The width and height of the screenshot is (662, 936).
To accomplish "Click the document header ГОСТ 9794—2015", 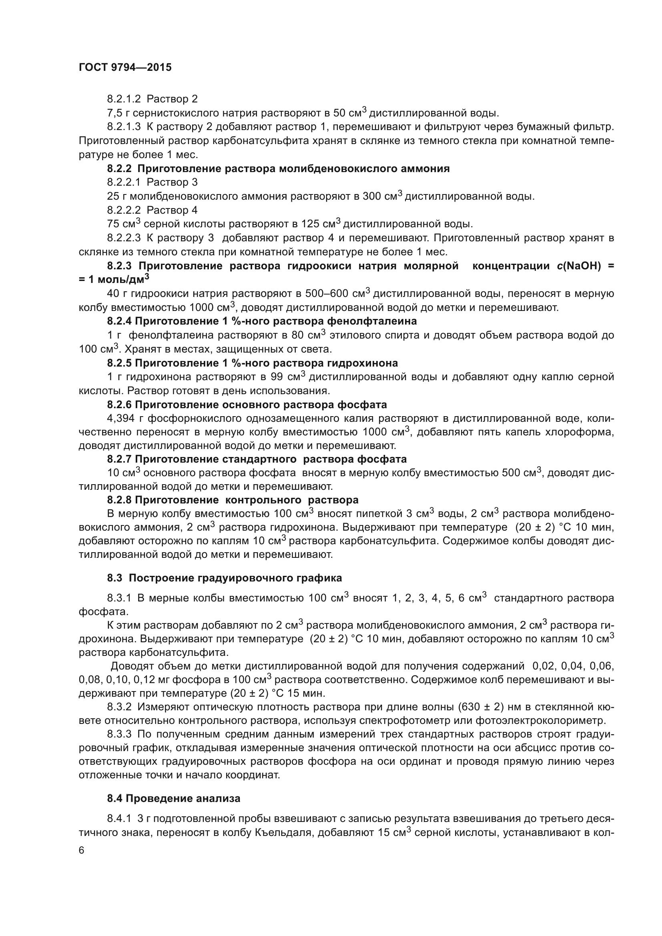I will [x=125, y=67].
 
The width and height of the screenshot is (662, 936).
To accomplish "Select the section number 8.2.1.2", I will [x=124, y=99].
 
